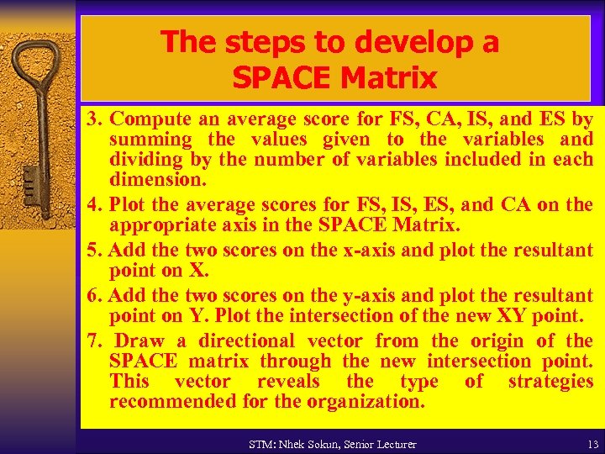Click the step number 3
92,119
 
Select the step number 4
92,205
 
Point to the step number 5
92,250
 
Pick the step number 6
92,295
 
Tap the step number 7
92,340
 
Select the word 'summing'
150,140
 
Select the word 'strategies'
550,381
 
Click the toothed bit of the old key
29,180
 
